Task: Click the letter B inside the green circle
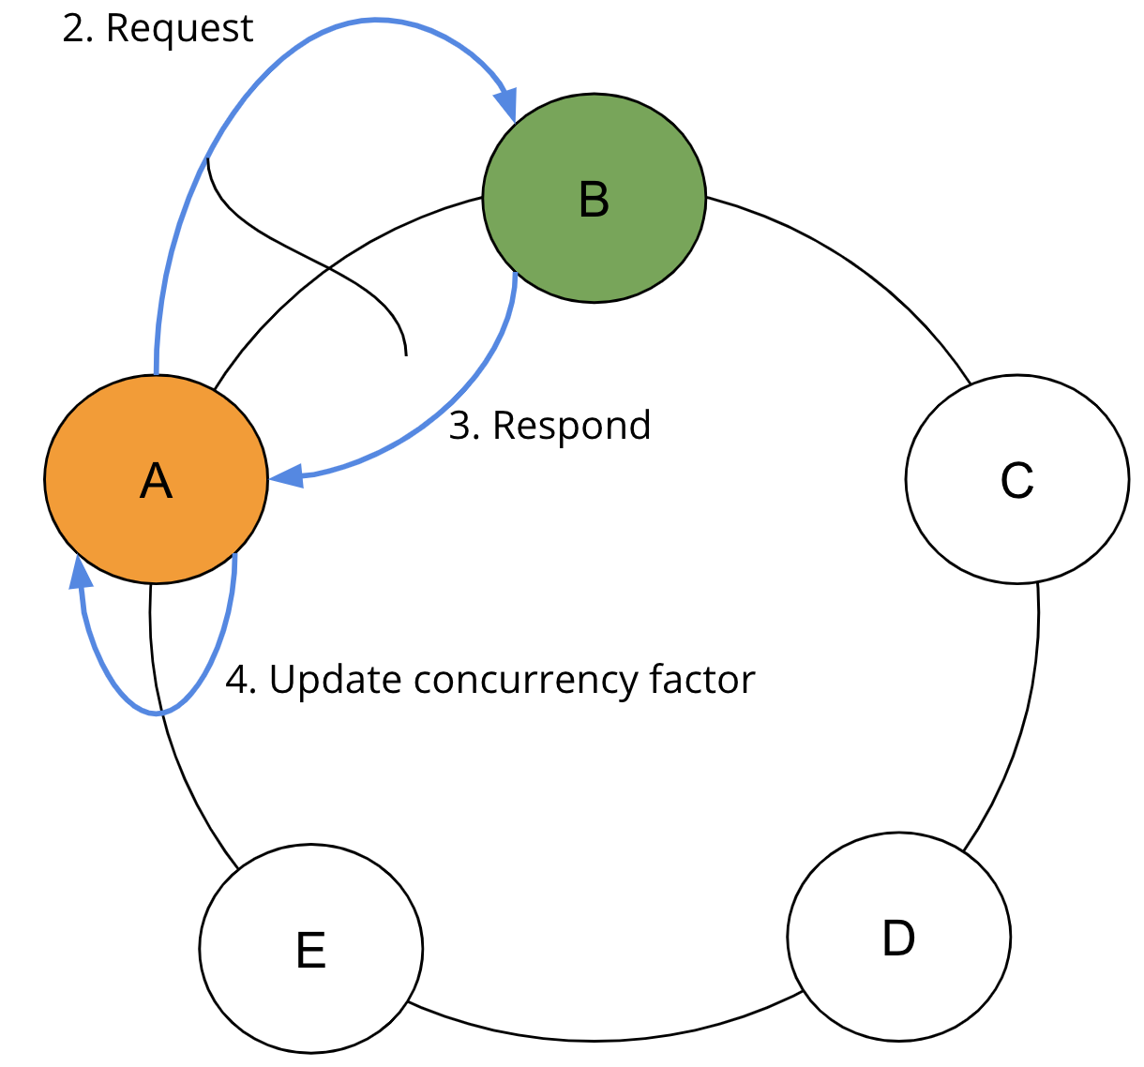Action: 594,200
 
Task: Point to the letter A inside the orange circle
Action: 156,481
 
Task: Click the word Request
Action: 179,28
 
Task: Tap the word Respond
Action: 571,426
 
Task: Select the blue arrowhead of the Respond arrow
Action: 287,476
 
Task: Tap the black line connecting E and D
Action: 600,1039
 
